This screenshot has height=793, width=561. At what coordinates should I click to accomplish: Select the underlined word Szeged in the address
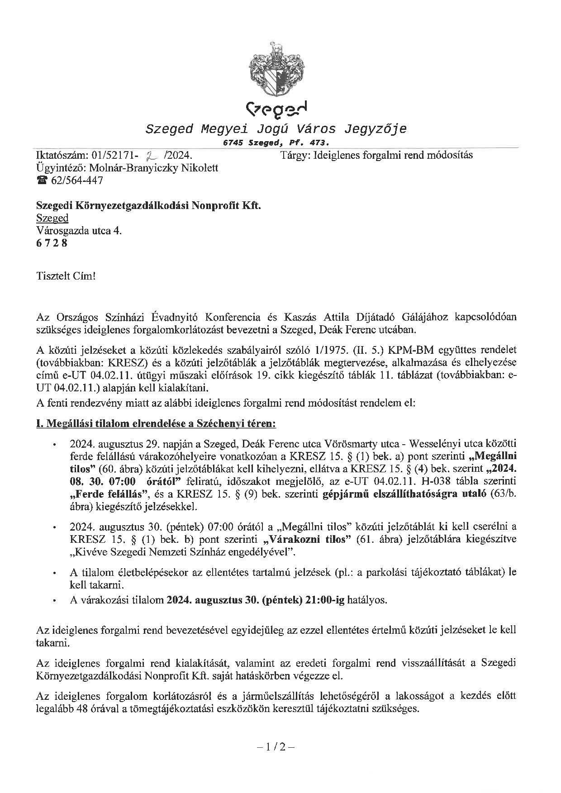(x=52, y=218)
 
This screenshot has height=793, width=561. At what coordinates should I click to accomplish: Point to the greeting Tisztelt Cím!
(x=66, y=275)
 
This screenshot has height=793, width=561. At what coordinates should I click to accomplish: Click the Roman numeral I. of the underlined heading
(x=39, y=424)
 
